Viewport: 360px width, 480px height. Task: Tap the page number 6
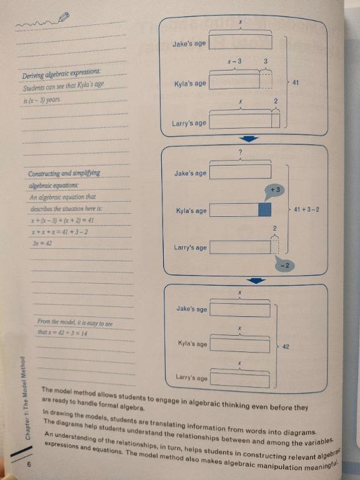tap(29, 464)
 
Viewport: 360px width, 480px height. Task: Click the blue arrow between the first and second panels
tap(249, 139)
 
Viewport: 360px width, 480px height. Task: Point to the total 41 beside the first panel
tap(296, 82)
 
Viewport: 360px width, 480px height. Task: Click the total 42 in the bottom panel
tap(286, 346)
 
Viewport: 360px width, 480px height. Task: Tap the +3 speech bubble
tap(274, 189)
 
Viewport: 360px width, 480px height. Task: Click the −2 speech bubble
tap(283, 266)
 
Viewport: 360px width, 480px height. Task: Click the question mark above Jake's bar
tap(241, 154)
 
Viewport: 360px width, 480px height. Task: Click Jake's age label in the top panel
tap(189, 44)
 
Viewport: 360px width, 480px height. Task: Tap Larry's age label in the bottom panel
tap(192, 378)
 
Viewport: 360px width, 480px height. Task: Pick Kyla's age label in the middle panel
tap(191, 211)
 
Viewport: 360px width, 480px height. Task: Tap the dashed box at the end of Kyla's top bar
tap(266, 81)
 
